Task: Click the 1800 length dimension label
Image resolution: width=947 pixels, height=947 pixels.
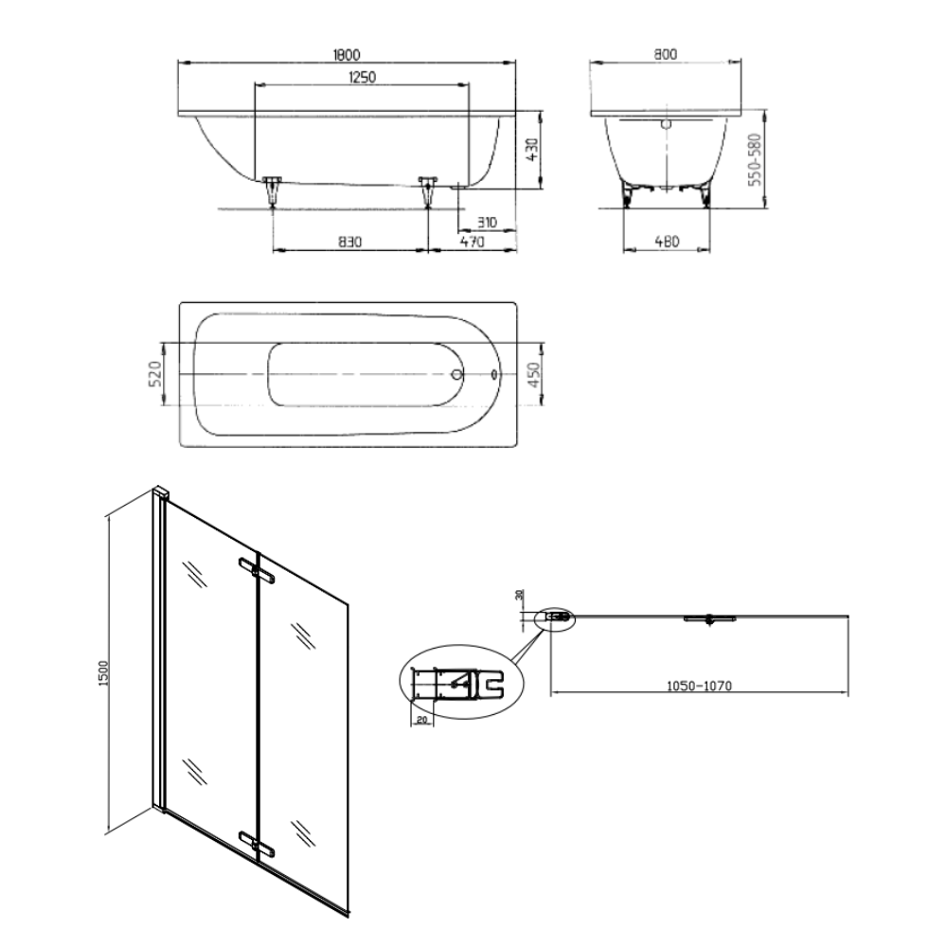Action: [x=347, y=54]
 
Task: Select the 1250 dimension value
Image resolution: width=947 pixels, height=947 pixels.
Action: [x=362, y=78]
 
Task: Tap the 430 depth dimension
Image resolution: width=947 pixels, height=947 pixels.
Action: [x=531, y=150]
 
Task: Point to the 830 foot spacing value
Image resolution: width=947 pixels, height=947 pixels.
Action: [x=349, y=242]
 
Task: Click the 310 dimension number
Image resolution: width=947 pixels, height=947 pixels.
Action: [x=487, y=223]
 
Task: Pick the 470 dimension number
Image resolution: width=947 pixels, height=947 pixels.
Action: [x=473, y=242]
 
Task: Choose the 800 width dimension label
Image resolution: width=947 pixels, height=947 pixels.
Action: [x=665, y=54]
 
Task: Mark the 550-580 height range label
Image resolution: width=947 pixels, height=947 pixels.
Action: [x=755, y=159]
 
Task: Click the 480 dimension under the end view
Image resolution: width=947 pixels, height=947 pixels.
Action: [x=667, y=241]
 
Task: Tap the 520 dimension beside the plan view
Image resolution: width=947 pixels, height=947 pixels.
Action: [x=154, y=374]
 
